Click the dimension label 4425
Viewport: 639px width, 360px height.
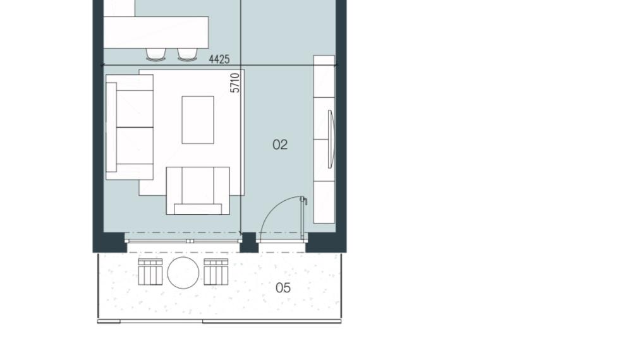click(x=219, y=59)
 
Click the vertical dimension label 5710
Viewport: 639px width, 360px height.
click(x=235, y=83)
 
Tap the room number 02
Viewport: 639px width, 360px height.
click(x=280, y=145)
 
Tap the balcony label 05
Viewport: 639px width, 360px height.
click(x=283, y=288)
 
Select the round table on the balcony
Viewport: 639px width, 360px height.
click(x=183, y=272)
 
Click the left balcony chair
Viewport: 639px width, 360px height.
click(x=150, y=272)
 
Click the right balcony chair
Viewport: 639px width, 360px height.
click(x=216, y=272)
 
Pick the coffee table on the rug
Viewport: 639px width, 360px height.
click(x=198, y=120)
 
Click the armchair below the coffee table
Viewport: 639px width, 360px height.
click(x=198, y=191)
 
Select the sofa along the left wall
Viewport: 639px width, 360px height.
click(x=130, y=127)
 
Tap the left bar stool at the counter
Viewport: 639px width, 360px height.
click(x=156, y=54)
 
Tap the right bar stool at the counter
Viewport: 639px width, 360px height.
click(x=188, y=54)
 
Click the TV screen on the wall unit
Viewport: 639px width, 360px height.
click(x=331, y=139)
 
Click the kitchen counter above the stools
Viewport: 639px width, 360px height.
click(x=156, y=33)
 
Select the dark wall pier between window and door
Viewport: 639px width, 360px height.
click(x=248, y=243)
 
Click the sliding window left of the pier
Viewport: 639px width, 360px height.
click(x=183, y=241)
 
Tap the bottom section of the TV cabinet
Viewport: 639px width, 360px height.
click(x=324, y=202)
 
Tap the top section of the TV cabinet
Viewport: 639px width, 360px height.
click(x=324, y=76)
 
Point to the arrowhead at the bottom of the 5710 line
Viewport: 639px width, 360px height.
click(x=241, y=234)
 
